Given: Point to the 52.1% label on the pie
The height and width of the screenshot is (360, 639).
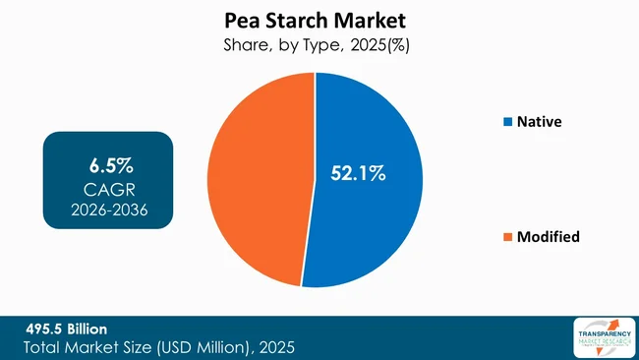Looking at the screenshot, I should point(357,174).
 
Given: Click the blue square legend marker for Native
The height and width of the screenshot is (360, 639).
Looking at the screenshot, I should point(507,122).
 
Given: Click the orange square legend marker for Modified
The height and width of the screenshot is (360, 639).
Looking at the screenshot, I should point(507,236).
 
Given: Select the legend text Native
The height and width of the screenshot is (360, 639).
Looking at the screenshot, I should point(540,122).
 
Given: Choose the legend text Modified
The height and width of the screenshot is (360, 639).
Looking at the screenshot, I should point(548,236).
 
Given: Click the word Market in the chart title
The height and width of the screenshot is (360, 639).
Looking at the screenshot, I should point(374,19).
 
